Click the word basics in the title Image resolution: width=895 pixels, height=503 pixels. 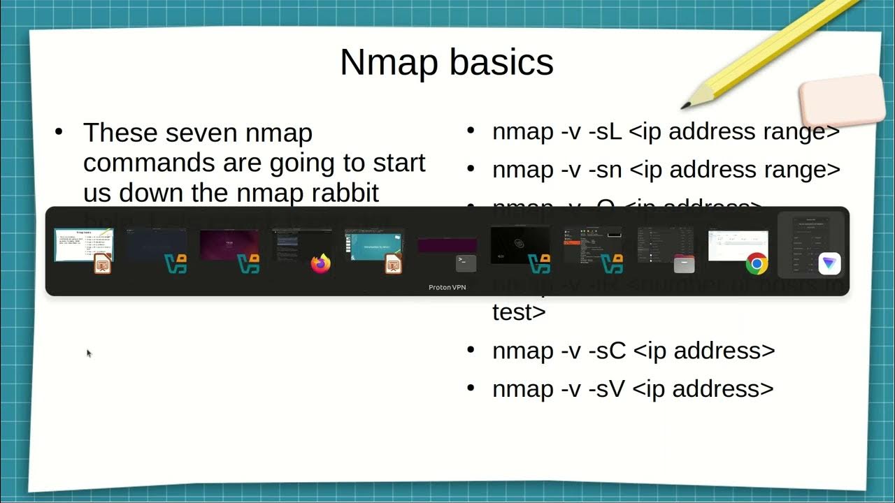[501, 62]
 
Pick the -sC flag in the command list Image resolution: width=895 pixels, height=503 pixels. [606, 350]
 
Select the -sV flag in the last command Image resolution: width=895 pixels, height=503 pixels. [606, 388]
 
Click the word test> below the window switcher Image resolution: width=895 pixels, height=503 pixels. [519, 312]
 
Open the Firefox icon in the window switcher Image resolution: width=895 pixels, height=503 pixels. [320, 263]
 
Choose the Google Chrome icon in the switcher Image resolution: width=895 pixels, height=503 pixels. [757, 263]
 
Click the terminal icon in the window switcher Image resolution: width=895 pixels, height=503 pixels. [466, 263]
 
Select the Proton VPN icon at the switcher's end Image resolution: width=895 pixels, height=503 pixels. [829, 263]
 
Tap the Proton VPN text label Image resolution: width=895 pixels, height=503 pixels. [447, 287]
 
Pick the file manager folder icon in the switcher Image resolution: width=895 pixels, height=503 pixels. [684, 264]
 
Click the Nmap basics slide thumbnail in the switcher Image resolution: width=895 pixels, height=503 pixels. [84, 245]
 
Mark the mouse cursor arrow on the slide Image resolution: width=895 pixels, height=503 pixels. [89, 353]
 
